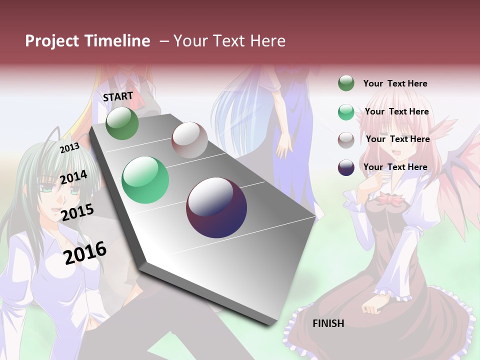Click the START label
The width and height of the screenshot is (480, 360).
[x=118, y=96]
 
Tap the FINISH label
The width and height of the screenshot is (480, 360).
[x=328, y=323]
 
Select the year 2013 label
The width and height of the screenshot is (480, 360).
[x=69, y=148]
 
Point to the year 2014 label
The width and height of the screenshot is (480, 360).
[x=73, y=177]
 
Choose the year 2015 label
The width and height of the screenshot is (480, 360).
[x=77, y=212]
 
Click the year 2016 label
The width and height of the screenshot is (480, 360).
[x=85, y=252]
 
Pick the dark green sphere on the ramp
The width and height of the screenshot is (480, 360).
[x=122, y=123]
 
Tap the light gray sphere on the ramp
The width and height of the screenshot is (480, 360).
[x=189, y=140]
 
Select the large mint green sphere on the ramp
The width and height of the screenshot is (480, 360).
[x=145, y=180]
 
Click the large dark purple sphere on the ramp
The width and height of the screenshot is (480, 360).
[x=216, y=207]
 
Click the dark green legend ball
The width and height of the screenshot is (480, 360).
[x=346, y=83]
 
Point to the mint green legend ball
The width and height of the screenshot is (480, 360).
[x=346, y=112]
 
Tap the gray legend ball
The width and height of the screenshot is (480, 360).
[x=346, y=140]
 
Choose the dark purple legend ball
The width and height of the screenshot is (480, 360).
[x=346, y=167]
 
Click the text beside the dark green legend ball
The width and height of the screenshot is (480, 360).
[x=395, y=83]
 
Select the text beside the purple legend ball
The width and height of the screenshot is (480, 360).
[x=395, y=167]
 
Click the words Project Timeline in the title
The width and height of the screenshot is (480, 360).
[x=87, y=41]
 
